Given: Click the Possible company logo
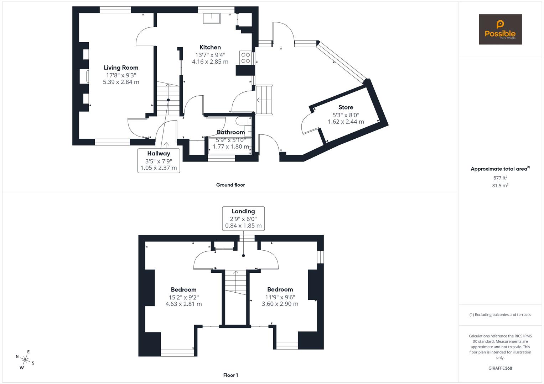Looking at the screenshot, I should pyautogui.click(x=500, y=30).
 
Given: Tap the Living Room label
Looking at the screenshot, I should pyautogui.click(x=121, y=68).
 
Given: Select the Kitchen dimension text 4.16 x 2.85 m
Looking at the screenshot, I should pyautogui.click(x=210, y=62).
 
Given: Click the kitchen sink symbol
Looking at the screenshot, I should pyautogui.click(x=212, y=18).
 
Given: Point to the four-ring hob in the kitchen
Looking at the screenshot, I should pyautogui.click(x=245, y=58).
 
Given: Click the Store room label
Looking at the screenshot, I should pyautogui.click(x=346, y=107).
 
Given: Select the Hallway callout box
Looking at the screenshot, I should pyautogui.click(x=159, y=161).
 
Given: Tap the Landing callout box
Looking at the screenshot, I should pyautogui.click(x=243, y=218).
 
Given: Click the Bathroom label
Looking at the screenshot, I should pyautogui.click(x=230, y=132).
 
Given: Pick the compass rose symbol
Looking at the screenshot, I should pyautogui.click(x=25, y=359).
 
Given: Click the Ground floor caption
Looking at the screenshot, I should pyautogui.click(x=230, y=185).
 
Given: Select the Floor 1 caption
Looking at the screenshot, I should pyautogui.click(x=230, y=375).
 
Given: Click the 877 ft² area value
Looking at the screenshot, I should pyautogui.click(x=500, y=178).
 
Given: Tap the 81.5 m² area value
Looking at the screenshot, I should pyautogui.click(x=500, y=186).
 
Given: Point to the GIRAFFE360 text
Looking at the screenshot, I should pyautogui.click(x=500, y=368).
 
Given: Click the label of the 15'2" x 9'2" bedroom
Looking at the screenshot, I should pyautogui.click(x=183, y=289).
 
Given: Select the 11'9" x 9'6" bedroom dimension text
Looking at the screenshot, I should pyautogui.click(x=280, y=297).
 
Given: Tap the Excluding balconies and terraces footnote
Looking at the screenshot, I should pyautogui.click(x=500, y=315).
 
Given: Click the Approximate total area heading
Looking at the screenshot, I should pyautogui.click(x=500, y=169).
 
